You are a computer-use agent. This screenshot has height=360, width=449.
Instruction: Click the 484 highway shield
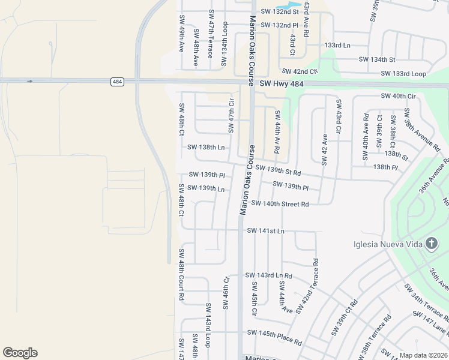117,81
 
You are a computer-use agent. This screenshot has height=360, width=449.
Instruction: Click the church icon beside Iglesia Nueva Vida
431,243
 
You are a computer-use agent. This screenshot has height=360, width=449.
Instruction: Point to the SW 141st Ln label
265,230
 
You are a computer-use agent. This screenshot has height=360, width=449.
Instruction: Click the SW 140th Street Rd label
280,204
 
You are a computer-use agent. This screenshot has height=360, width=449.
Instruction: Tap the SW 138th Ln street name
206,147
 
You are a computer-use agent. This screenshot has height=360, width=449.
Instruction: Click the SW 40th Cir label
398,96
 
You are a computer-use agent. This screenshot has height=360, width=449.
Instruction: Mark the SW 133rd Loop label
403,74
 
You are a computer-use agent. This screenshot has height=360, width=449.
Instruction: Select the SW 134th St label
377,59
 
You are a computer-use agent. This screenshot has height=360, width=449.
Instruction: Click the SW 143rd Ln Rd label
268,275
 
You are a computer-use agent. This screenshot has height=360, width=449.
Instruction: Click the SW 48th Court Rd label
181,274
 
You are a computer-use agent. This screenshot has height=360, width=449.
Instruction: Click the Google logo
20,353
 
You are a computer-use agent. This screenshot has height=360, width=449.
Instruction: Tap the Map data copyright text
423,355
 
